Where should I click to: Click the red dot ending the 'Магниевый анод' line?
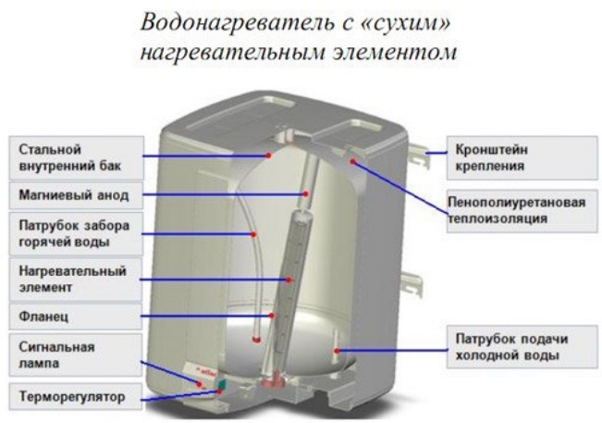coord(305,194)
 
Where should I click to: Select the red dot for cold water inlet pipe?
coord(340,350)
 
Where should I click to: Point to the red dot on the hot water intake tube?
coord(252,234)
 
